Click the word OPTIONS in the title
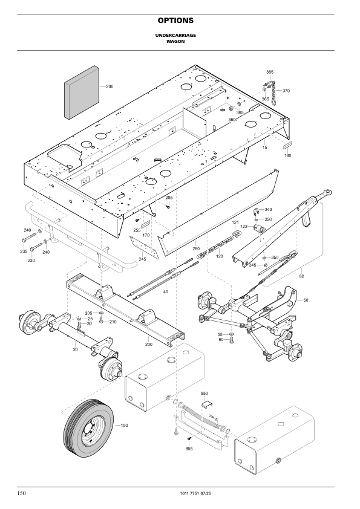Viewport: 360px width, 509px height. click(180, 21)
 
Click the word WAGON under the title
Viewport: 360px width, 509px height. click(180, 42)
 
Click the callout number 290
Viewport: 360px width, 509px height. click(110, 86)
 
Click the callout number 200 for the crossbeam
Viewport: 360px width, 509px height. click(149, 344)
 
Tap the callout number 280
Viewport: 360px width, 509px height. click(195, 248)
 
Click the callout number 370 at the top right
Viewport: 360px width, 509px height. click(286, 91)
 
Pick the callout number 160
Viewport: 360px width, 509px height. click(287, 155)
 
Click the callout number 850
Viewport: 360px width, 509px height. click(204, 393)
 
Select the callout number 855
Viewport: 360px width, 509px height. click(189, 449)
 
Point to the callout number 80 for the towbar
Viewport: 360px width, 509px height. click(301, 276)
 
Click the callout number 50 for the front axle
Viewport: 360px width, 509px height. click(306, 300)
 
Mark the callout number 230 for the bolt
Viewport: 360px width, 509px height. click(30, 260)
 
